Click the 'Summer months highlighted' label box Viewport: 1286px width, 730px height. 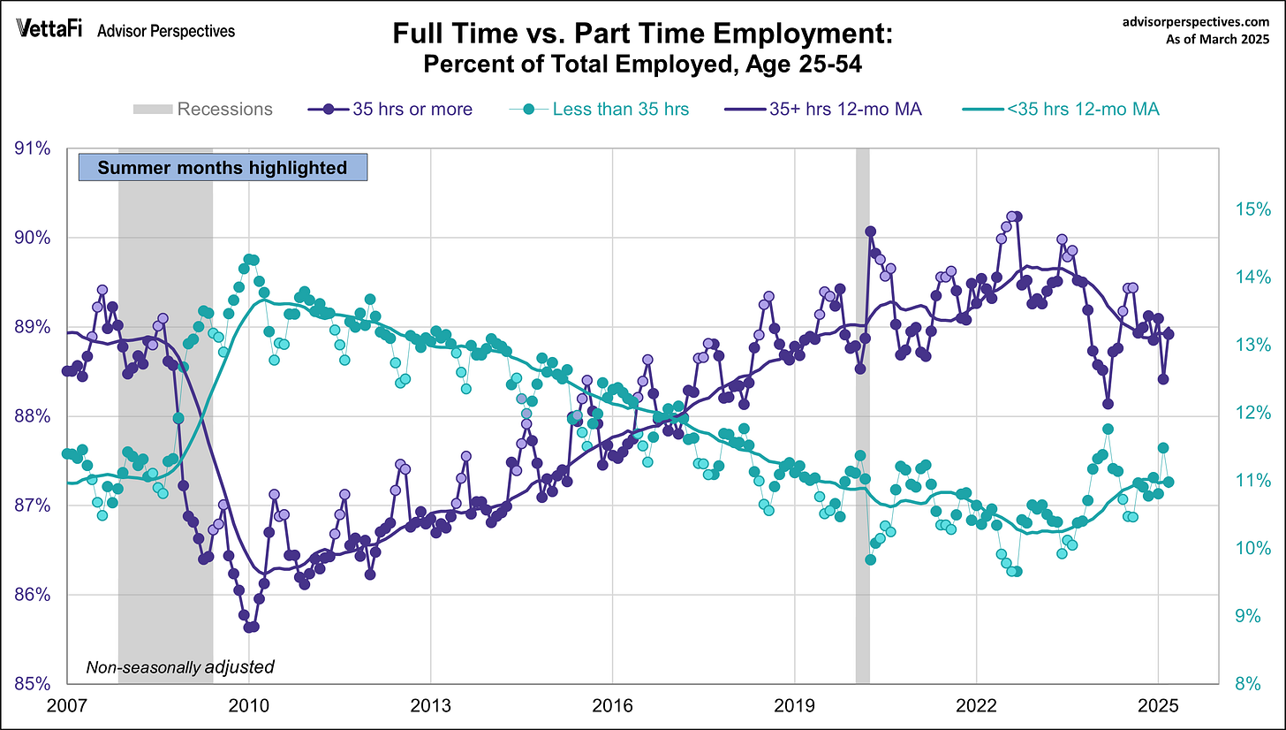[x=222, y=168]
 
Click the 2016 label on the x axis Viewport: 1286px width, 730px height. [x=612, y=708]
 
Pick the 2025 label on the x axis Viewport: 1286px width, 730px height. [x=1158, y=708]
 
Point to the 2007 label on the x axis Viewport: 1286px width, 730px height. [x=67, y=708]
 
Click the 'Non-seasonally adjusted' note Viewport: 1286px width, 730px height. [x=179, y=666]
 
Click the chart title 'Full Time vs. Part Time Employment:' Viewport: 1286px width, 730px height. [x=644, y=36]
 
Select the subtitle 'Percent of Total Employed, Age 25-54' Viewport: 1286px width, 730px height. [x=644, y=65]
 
